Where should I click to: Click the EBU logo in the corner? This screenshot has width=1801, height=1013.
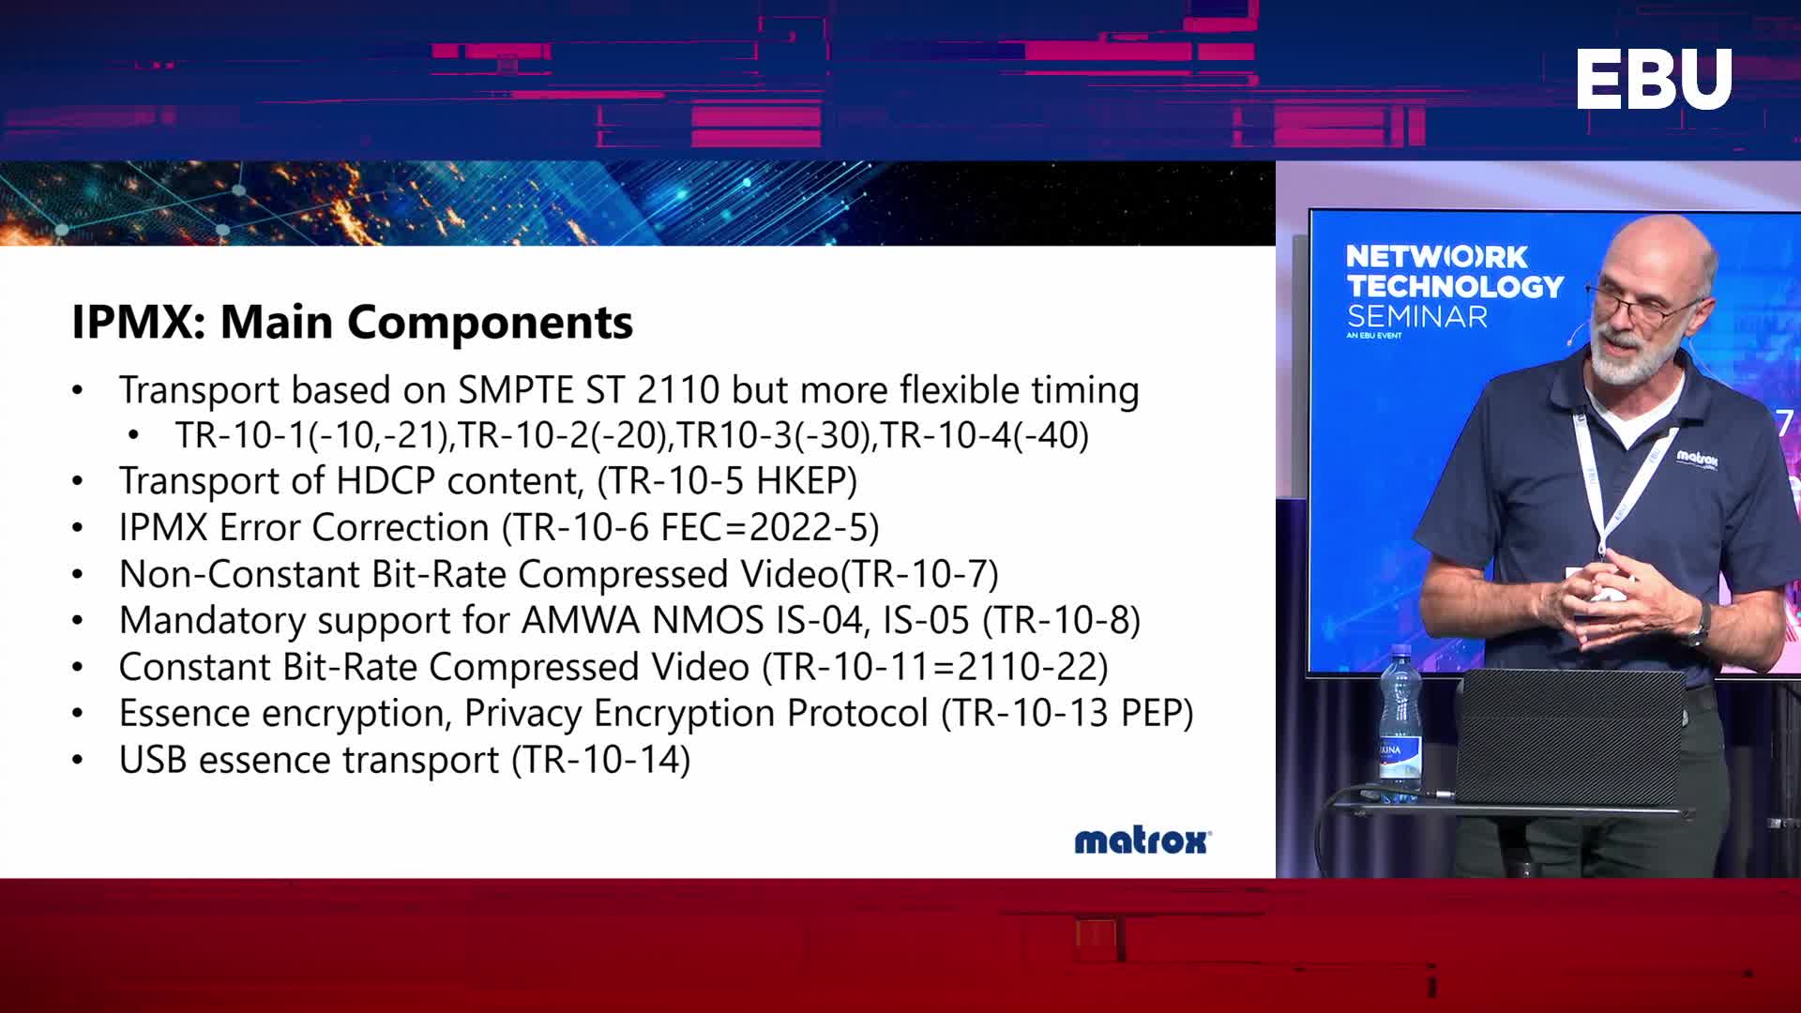click(x=1654, y=80)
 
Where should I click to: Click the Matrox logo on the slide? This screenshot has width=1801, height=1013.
click(x=1143, y=840)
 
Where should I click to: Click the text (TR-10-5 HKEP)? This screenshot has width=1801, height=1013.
click(x=727, y=480)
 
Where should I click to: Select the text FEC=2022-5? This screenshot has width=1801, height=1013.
click(x=764, y=527)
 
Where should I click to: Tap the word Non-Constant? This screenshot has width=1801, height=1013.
click(x=239, y=573)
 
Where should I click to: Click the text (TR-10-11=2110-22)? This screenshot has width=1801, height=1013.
click(x=935, y=667)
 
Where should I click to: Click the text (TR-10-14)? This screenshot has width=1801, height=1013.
click(x=601, y=760)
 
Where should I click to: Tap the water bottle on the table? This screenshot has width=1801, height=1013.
click(x=1400, y=722)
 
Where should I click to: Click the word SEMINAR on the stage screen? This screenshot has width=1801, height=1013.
click(x=1417, y=316)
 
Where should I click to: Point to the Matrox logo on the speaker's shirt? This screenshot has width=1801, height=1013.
click(x=1697, y=459)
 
